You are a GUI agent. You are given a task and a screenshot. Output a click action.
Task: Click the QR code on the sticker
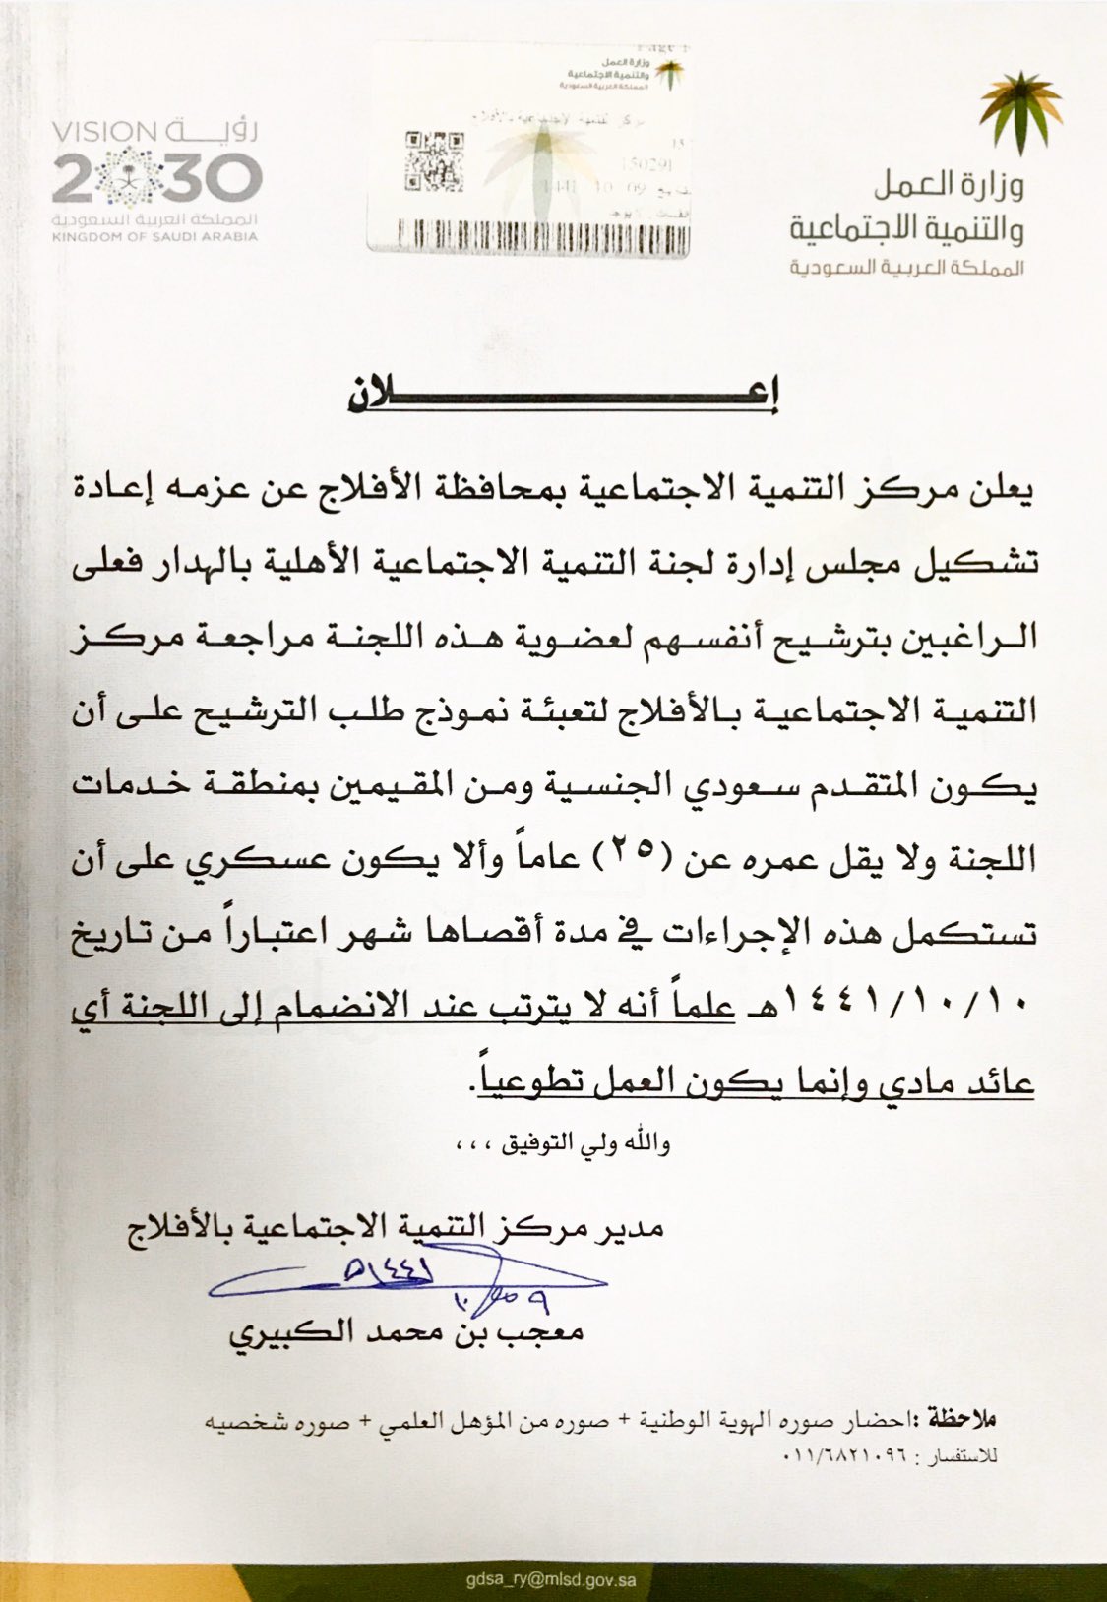(x=428, y=160)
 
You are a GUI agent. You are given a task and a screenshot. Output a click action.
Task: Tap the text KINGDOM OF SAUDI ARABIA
(x=154, y=237)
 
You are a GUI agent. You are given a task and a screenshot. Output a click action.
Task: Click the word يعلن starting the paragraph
(x=1001, y=488)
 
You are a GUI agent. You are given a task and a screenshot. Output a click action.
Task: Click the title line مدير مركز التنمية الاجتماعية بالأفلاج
(x=394, y=1227)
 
